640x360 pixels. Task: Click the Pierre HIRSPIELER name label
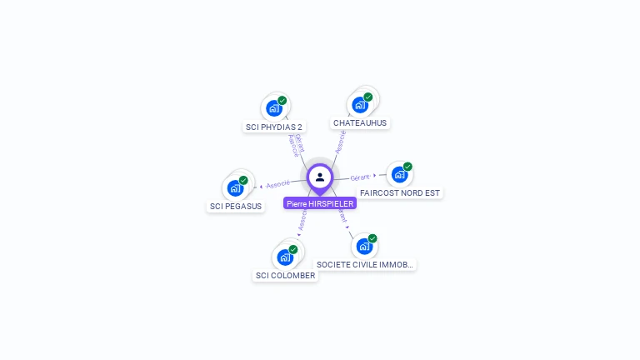pyautogui.click(x=320, y=203)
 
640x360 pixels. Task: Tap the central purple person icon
pyautogui.click(x=320, y=177)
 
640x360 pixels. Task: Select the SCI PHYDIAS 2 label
pyautogui.click(x=274, y=127)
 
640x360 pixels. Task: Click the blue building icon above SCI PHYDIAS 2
pyautogui.click(x=273, y=108)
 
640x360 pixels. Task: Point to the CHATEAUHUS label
pyautogui.click(x=360, y=122)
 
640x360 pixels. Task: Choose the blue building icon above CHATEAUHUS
pyautogui.click(x=359, y=105)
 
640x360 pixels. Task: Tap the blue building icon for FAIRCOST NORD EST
pyautogui.click(x=399, y=175)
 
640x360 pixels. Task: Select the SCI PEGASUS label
pyautogui.click(x=236, y=206)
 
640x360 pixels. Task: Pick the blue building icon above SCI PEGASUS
pyautogui.click(x=235, y=187)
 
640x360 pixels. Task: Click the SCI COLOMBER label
pyautogui.click(x=285, y=275)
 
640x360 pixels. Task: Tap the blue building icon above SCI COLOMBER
pyautogui.click(x=285, y=257)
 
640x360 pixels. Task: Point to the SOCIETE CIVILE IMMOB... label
pyautogui.click(x=365, y=264)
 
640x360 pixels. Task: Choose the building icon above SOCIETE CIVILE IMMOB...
pyautogui.click(x=363, y=247)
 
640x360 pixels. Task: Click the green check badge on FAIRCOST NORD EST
pyautogui.click(x=407, y=167)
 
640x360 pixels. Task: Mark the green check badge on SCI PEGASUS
pyautogui.click(x=243, y=180)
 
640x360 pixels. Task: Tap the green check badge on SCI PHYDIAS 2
pyautogui.click(x=282, y=101)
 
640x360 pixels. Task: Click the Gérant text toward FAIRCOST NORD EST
pyautogui.click(x=360, y=177)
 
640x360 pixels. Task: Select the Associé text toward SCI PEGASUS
pyautogui.click(x=278, y=183)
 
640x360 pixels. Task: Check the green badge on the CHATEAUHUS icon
pyautogui.click(x=368, y=97)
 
